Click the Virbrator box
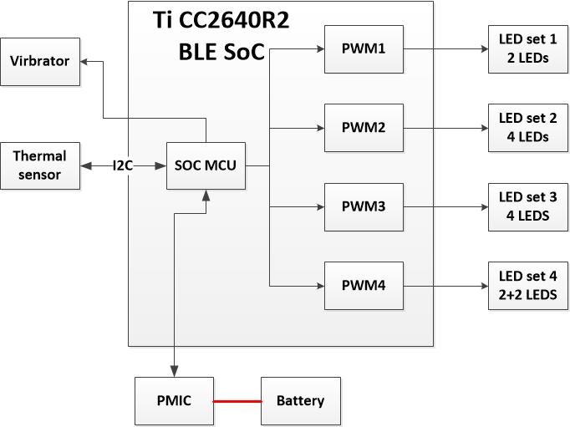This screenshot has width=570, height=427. tap(40, 62)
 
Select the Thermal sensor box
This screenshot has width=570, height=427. tap(40, 165)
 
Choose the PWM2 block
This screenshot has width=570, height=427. tap(364, 128)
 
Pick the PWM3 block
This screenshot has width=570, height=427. tap(364, 206)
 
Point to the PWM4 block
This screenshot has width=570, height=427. tap(364, 286)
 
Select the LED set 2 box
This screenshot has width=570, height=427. tap(527, 128)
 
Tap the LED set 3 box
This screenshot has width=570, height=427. tap(527, 206)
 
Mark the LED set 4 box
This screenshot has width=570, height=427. tap(527, 286)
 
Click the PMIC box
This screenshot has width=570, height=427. tap(174, 401)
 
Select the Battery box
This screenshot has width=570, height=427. tap(300, 401)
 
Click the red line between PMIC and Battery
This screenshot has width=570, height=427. tap(237, 401)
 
